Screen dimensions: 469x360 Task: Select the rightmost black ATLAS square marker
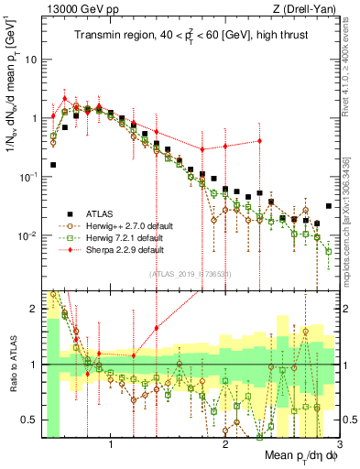(x=329, y=206)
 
